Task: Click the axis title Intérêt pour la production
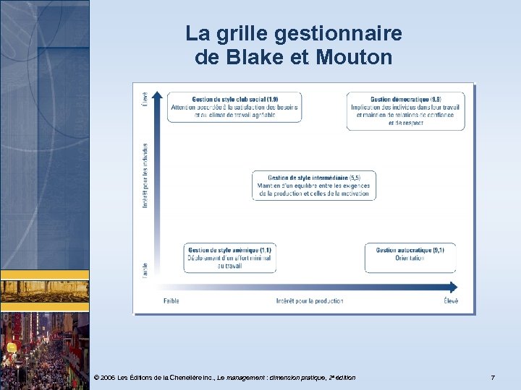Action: [x=310, y=300]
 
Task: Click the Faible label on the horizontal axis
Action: [x=171, y=300]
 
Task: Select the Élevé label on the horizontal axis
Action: [x=450, y=300]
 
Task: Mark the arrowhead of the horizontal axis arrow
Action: [x=454, y=286]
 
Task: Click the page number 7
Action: [x=493, y=378]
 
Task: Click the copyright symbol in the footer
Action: [x=97, y=378]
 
